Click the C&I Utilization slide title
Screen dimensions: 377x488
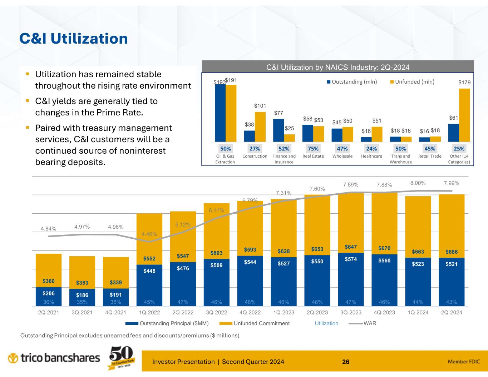point(73,39)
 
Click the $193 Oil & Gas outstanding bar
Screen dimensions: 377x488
point(220,113)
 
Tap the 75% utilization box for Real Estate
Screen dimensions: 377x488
point(313,148)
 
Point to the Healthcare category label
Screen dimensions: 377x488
point(372,156)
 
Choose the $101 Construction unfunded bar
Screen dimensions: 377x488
point(260,127)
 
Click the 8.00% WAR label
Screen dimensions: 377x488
point(418,183)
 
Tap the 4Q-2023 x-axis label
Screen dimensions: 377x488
point(384,312)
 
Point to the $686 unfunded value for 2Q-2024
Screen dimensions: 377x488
point(451,252)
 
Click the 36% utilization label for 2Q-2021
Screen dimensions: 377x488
point(48,302)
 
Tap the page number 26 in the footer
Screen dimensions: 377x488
point(346,362)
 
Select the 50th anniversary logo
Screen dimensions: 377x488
point(121,358)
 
